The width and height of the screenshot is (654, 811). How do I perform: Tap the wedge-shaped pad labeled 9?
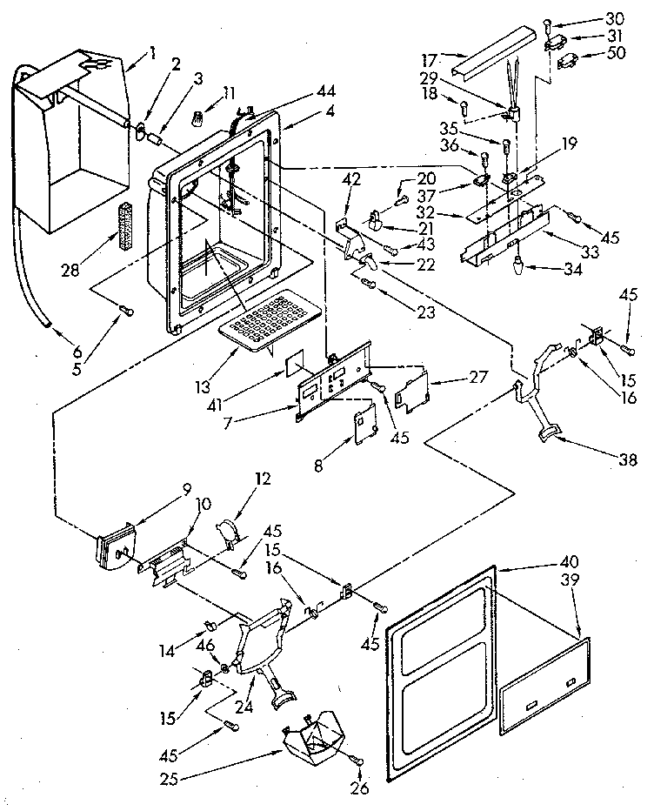pyautogui.click(x=112, y=544)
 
